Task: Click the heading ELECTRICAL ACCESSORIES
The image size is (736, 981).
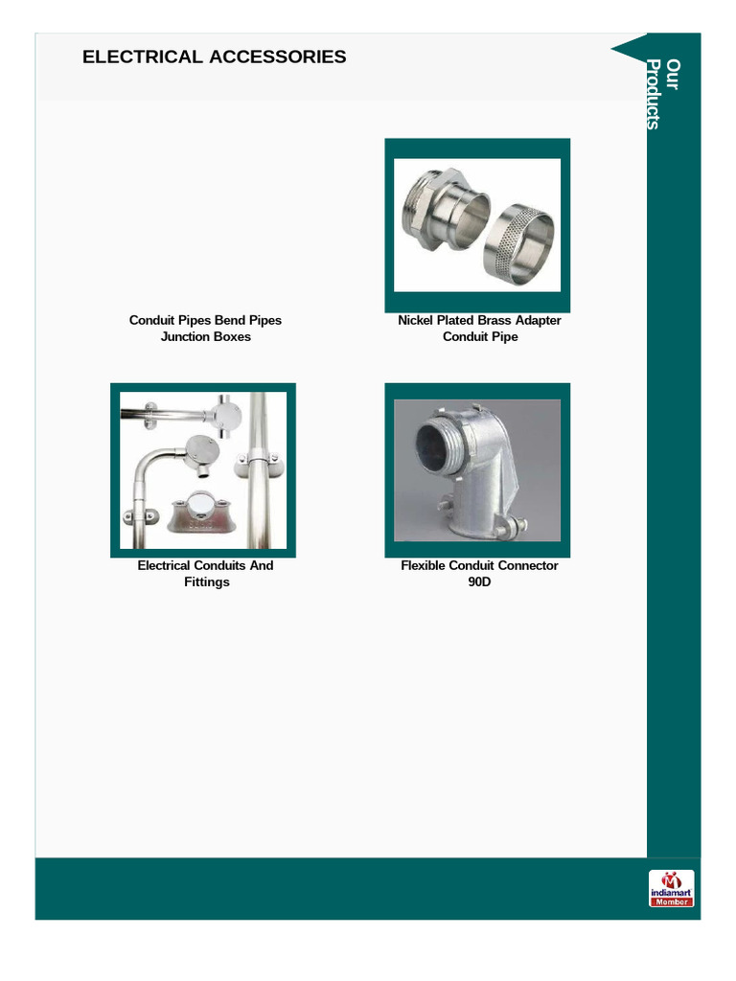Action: (214, 57)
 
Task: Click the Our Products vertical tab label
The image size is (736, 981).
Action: (662, 94)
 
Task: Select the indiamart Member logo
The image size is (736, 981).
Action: (671, 888)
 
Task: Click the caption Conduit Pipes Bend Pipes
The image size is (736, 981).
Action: (205, 320)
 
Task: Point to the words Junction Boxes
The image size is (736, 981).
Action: (205, 337)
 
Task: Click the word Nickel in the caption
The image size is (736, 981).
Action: (416, 320)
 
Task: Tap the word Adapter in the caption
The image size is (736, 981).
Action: (537, 320)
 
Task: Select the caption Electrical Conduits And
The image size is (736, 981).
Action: (205, 565)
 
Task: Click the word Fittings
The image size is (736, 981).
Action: (206, 582)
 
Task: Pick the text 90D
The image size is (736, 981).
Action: (479, 582)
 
